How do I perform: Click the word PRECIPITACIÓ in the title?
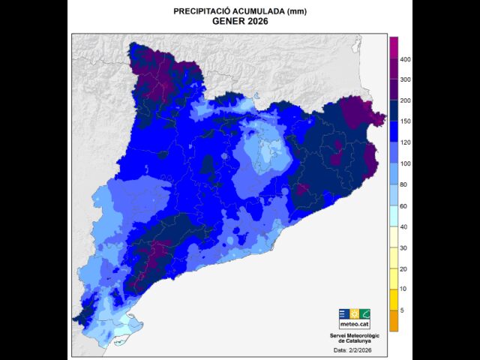click(x=199, y=12)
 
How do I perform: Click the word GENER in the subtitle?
click(x=227, y=22)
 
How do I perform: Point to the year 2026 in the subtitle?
click(x=256, y=22)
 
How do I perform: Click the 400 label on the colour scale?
click(x=405, y=58)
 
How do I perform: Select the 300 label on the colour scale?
click(x=405, y=79)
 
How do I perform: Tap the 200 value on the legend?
click(x=405, y=100)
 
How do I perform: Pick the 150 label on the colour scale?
click(x=405, y=121)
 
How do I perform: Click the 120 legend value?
click(x=405, y=142)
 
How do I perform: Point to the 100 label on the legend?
click(x=405, y=163)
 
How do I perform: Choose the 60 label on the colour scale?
click(x=403, y=205)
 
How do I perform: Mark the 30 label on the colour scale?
click(x=403, y=247)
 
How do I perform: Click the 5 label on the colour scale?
click(x=402, y=310)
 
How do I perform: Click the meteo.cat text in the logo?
click(x=355, y=325)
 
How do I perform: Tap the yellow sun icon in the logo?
click(x=355, y=313)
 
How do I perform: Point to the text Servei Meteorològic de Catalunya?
click(x=355, y=338)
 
